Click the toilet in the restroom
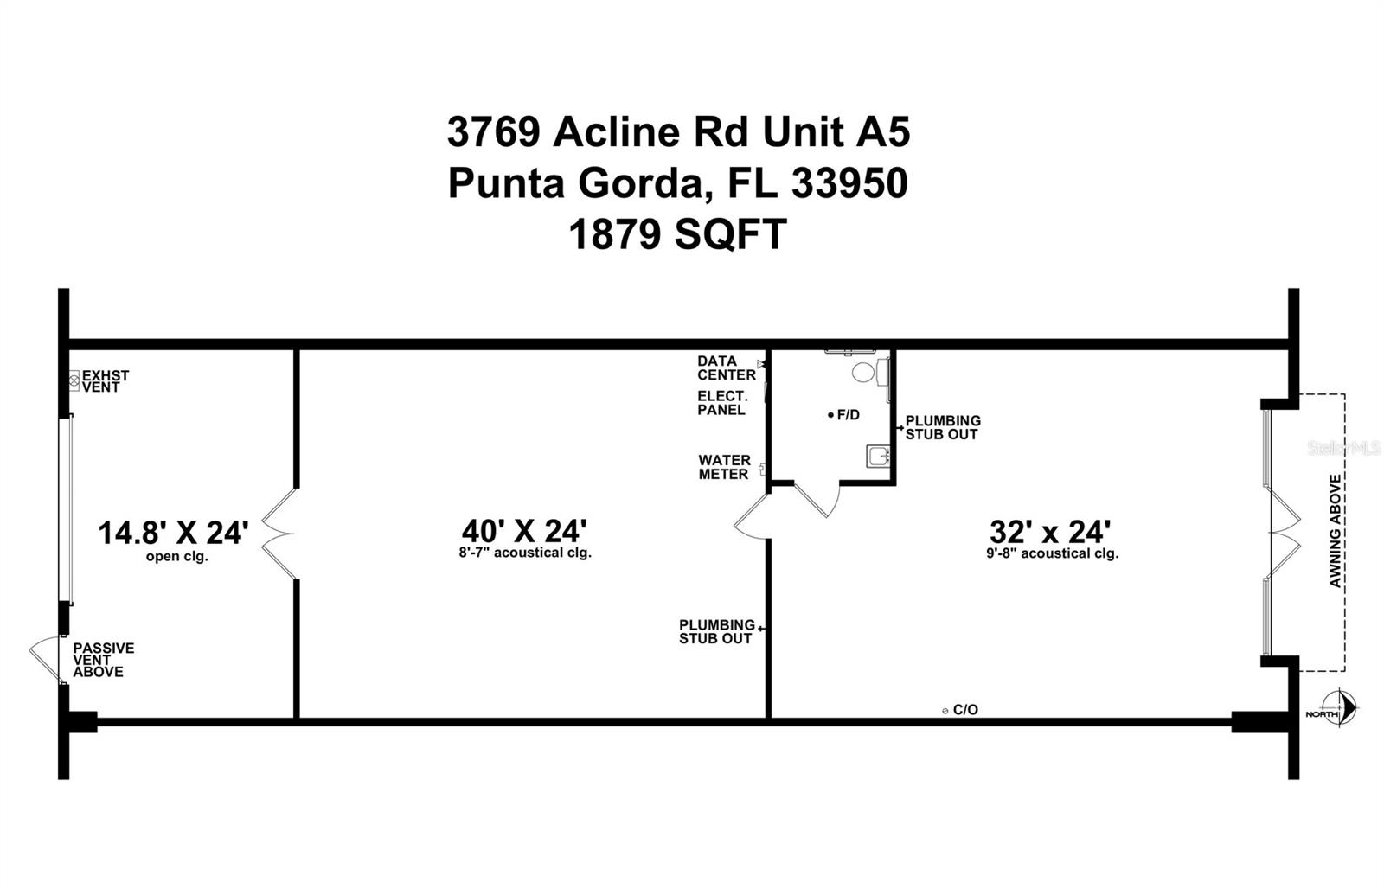(864, 373)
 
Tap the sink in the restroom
(878, 456)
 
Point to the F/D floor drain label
(844, 415)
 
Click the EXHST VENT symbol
(74, 380)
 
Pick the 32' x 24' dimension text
(1049, 529)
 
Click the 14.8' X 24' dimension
(173, 533)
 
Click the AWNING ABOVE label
(1335, 531)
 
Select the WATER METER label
(724, 468)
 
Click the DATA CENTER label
(727, 368)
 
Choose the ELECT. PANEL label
(721, 403)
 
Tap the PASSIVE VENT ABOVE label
(103, 660)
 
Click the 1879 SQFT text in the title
(677, 234)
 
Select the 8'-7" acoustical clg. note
(525, 553)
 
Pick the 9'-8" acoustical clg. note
(1052, 553)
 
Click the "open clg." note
(176, 557)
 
